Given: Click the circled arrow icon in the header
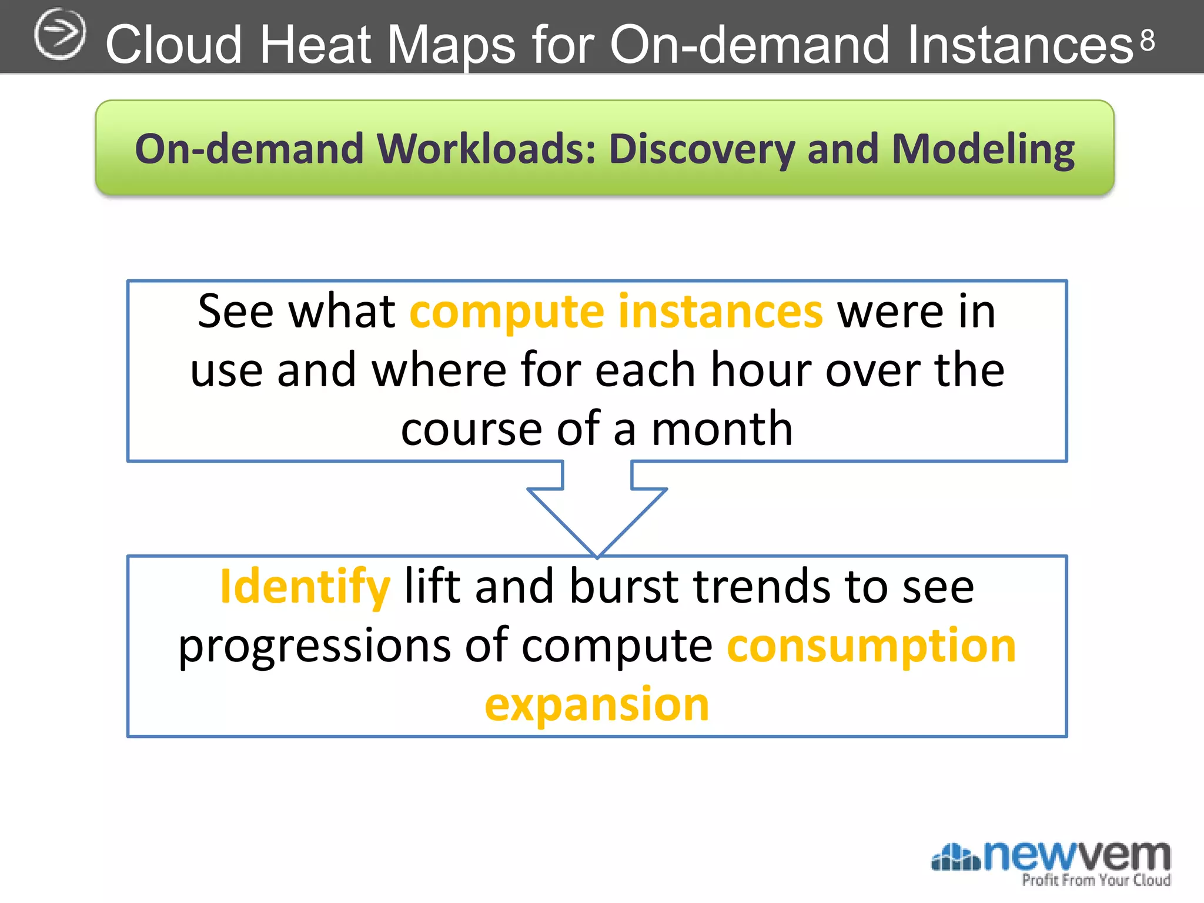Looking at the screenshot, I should [x=59, y=35].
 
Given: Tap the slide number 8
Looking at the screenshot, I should [x=1148, y=41].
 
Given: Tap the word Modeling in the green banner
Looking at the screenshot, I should [x=983, y=150].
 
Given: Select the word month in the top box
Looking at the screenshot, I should [x=722, y=429].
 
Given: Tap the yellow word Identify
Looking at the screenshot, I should [x=305, y=587].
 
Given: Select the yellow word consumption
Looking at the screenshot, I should [x=871, y=646].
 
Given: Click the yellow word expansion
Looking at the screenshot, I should [x=597, y=704].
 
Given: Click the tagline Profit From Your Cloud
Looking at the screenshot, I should [x=1096, y=880].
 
